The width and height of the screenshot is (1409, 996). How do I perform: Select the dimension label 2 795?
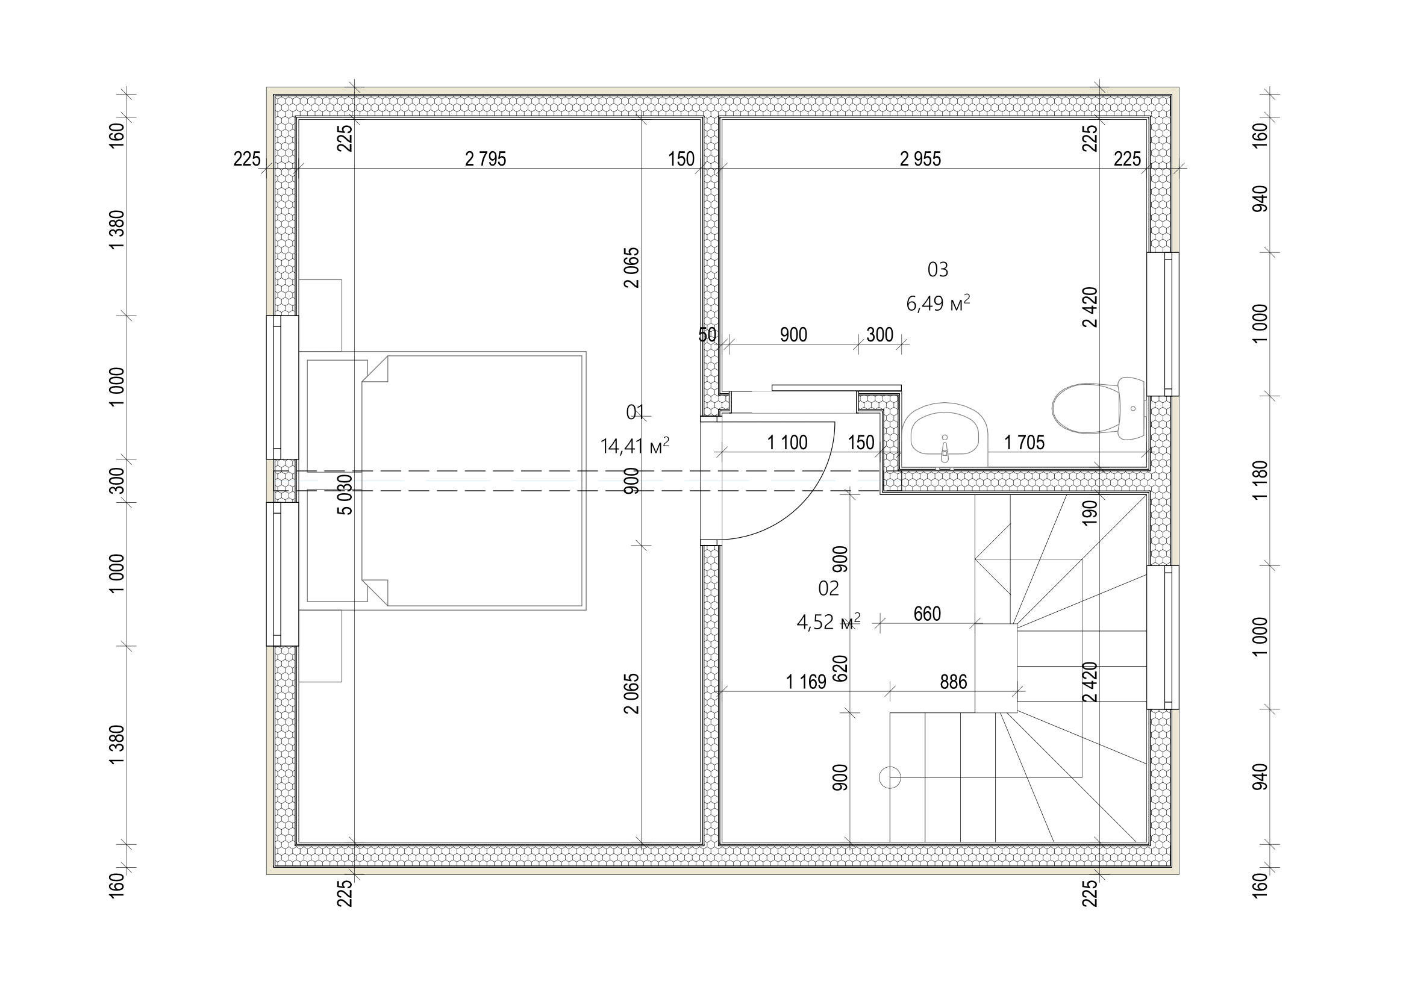[486, 159]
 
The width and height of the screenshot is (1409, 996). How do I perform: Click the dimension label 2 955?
[920, 159]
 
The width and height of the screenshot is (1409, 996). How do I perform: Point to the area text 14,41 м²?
[634, 446]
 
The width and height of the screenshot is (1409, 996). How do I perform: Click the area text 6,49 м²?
[938, 303]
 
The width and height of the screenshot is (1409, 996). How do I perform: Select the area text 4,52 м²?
[828, 622]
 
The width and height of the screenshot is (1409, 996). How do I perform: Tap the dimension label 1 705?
[1024, 442]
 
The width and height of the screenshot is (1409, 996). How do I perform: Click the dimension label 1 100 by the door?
[787, 442]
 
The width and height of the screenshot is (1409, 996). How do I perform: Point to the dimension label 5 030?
[346, 494]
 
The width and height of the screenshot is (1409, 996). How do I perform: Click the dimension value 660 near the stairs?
[926, 613]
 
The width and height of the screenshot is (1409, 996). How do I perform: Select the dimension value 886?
[953, 682]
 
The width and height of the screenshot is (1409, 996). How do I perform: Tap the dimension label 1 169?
[806, 682]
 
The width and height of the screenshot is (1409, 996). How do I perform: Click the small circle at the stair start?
[890, 777]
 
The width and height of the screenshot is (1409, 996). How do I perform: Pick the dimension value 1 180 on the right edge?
[1259, 480]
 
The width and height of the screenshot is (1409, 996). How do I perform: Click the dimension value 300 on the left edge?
[117, 480]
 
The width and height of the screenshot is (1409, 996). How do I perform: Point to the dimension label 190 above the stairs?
[1089, 512]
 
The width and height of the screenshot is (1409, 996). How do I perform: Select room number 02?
[828, 589]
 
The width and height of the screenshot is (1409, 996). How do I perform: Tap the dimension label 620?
[840, 668]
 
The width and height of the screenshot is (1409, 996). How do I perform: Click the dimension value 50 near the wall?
[707, 335]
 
